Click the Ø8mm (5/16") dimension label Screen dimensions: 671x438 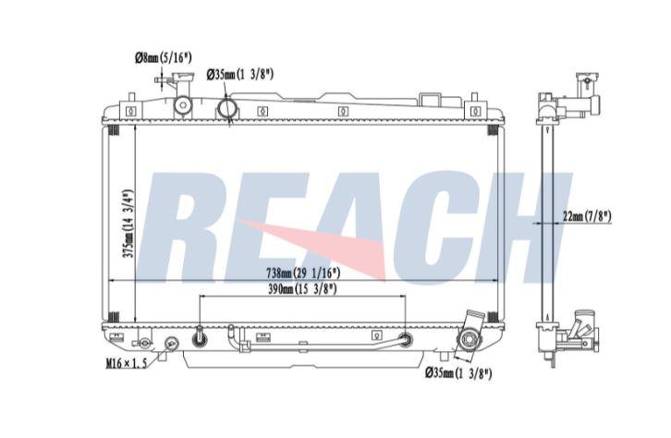(163, 57)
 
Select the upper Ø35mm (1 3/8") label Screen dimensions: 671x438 (239, 75)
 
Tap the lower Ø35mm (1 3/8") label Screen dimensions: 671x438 (458, 373)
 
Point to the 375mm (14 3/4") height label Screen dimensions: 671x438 (128, 224)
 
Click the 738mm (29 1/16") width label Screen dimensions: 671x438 (303, 272)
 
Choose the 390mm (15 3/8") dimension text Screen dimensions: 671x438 (302, 289)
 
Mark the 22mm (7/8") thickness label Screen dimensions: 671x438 (587, 216)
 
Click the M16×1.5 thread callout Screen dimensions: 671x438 (127, 363)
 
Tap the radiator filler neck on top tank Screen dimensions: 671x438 (183, 98)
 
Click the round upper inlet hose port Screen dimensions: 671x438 (226, 108)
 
